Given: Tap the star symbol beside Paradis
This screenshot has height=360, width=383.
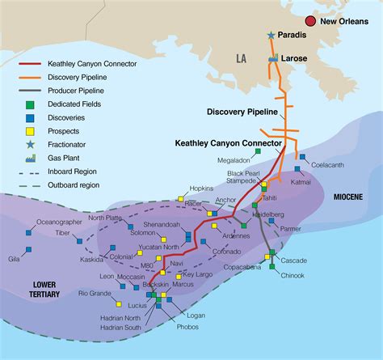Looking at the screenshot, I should pyautogui.click(x=271, y=36).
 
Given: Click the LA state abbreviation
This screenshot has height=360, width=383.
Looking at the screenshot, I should pyautogui.click(x=241, y=59).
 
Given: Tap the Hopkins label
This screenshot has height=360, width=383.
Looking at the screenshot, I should pyautogui.click(x=201, y=188).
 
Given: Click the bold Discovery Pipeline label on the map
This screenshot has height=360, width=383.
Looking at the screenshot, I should pyautogui.click(x=242, y=112).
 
